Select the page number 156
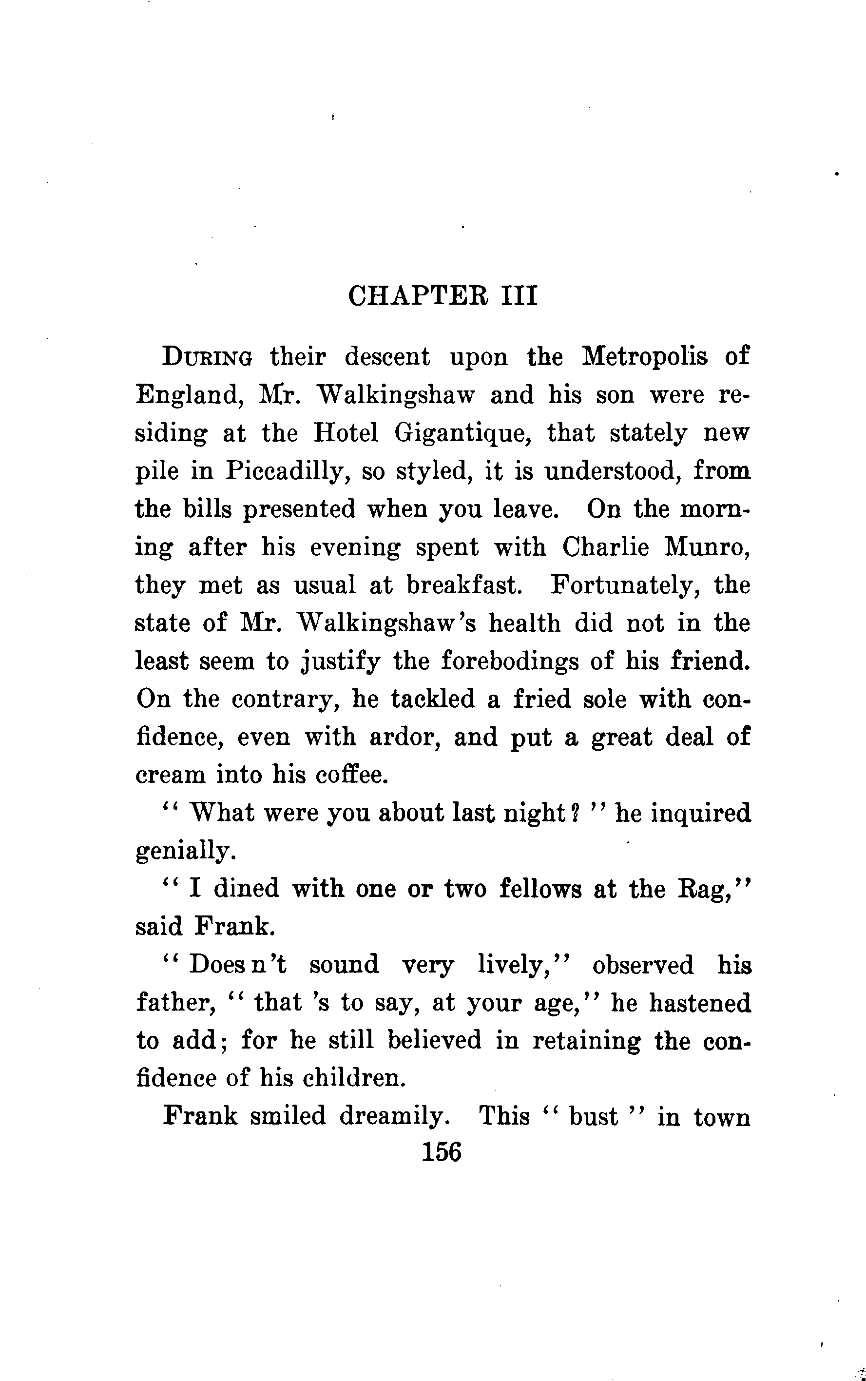pos(441,1151)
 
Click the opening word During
pos(207,357)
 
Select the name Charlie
pos(605,547)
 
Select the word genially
pos(185,851)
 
